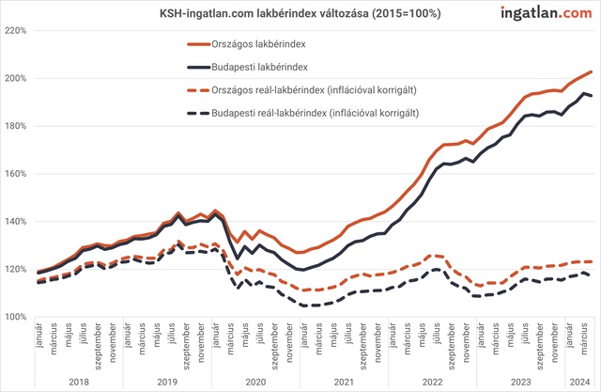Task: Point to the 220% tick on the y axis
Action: pos(17,30)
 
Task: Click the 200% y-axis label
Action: pos(17,78)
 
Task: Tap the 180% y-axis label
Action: pos(17,126)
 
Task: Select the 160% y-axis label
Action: pos(17,174)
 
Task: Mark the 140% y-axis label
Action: pos(17,222)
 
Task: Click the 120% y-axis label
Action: pos(17,270)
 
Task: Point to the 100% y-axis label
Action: pos(17,318)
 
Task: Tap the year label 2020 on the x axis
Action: pos(254,383)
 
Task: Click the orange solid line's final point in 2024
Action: pos(591,71)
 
